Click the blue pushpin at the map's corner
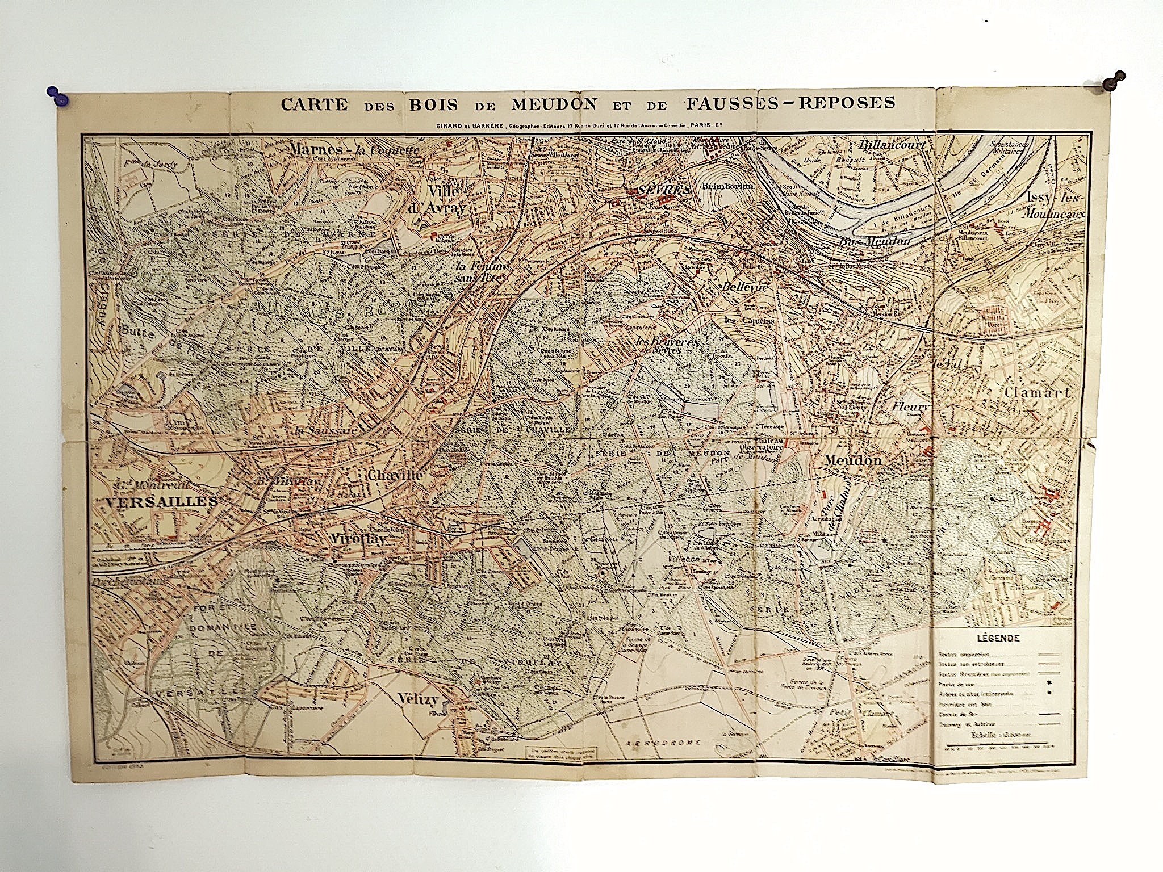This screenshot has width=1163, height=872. point(57,97)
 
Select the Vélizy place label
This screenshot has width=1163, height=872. point(419,698)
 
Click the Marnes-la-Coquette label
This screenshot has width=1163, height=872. point(354,149)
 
